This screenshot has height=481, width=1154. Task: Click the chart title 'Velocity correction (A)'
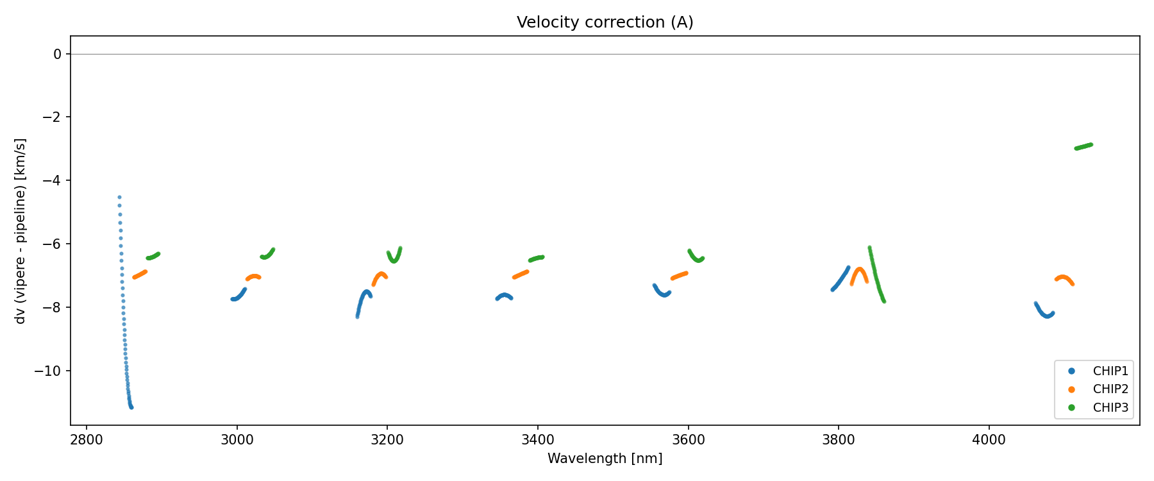click(x=605, y=22)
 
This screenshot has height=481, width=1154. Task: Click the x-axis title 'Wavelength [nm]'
click(x=605, y=459)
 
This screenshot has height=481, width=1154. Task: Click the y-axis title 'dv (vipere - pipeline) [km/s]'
click(x=21, y=231)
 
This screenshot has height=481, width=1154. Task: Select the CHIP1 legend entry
click(x=1110, y=371)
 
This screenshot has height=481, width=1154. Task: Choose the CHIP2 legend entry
click(x=1110, y=389)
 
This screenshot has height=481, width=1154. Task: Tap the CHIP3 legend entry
click(x=1110, y=408)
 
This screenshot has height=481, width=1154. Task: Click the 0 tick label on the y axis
click(x=58, y=55)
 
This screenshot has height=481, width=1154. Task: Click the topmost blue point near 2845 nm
click(x=119, y=198)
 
